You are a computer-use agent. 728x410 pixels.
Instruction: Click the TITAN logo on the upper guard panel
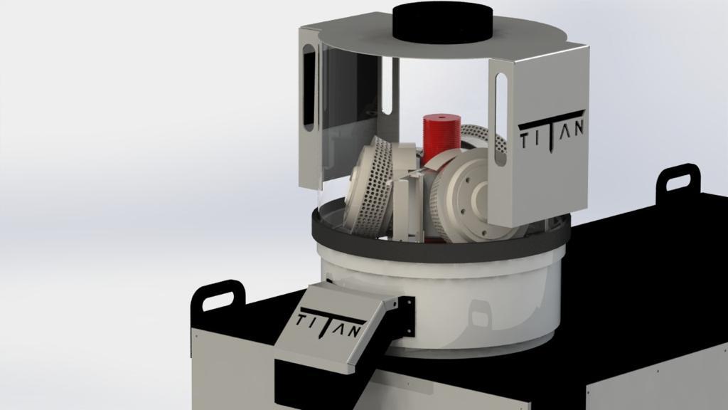click(551, 133)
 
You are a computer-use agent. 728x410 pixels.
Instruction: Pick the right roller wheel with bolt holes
click(469, 195)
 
